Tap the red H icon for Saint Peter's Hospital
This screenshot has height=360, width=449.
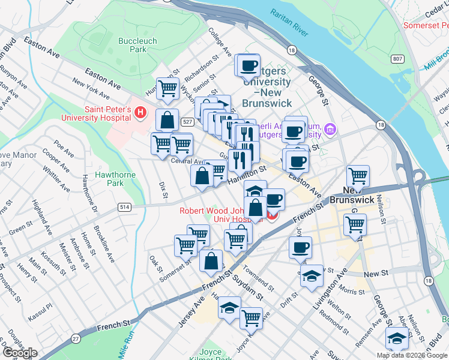(140, 112)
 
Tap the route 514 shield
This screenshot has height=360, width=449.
(124, 207)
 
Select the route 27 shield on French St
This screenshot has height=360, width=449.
(76, 338)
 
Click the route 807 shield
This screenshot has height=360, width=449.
(397, 59)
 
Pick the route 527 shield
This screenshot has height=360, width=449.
(188, 122)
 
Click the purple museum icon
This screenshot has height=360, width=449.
(330, 129)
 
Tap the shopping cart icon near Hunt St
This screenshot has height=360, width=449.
(168, 88)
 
